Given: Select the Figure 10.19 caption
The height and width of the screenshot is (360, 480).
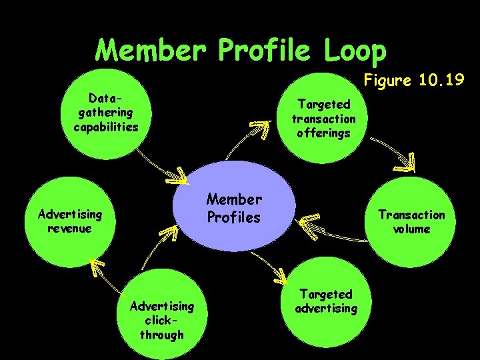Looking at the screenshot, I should pos(413,81).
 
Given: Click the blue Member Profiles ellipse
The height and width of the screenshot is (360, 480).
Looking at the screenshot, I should pos(233,207).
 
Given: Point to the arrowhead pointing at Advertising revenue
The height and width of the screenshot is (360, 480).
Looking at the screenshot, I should pos(99,267).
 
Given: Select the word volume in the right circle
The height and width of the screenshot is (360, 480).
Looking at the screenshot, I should pos(411,229).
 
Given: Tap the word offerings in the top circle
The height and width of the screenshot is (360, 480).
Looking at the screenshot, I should pos(323,133).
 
